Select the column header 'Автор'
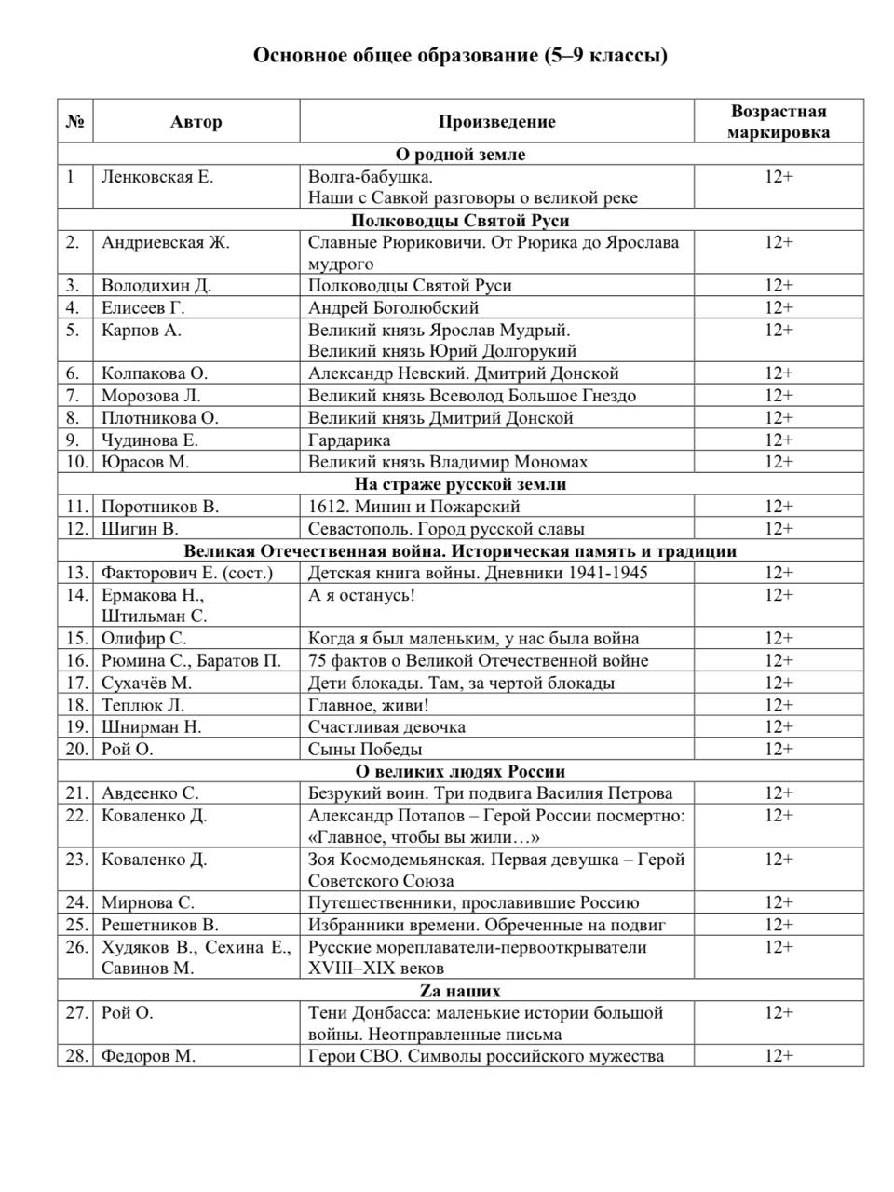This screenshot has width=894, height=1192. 196,122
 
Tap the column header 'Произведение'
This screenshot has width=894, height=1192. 496,122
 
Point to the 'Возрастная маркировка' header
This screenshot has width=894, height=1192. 779,122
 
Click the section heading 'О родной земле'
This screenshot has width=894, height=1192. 460,155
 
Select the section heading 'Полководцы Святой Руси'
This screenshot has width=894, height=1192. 460,221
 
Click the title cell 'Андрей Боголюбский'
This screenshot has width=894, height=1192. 393,308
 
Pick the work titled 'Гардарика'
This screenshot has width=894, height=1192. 349,440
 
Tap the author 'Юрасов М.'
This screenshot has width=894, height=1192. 147,462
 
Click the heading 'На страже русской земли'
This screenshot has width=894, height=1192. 460,484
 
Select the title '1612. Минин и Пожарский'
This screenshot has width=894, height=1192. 413,507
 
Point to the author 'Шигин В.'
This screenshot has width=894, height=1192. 140,529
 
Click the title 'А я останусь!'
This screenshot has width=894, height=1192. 361,595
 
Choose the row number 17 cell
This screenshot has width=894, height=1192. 75,683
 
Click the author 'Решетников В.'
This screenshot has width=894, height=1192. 159,925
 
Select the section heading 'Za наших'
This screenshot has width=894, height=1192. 460,991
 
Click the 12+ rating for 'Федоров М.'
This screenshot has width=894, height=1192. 779,1056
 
